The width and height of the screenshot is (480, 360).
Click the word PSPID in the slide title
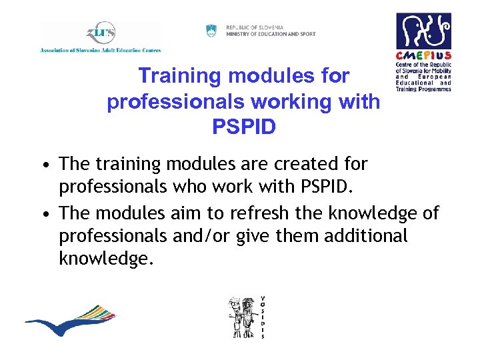tap(243, 127)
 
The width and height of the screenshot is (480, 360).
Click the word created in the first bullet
tap(307, 163)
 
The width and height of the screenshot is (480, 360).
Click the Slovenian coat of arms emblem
tap(211, 30)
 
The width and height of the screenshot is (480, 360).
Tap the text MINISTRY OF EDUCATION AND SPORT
tap(271, 34)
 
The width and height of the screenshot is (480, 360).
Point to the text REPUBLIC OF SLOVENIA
tap(255, 27)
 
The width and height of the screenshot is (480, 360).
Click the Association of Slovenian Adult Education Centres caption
tap(101, 49)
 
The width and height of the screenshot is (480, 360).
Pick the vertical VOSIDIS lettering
tap(263, 317)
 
